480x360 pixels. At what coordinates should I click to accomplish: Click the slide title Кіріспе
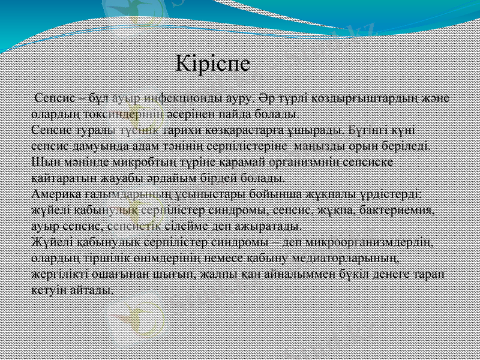[214, 64]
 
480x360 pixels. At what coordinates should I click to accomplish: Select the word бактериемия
[395, 211]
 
